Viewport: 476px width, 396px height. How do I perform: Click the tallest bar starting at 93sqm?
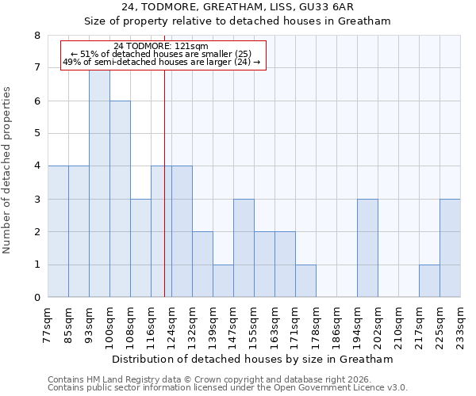coord(99,183)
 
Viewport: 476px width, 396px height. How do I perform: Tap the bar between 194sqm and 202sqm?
coord(367,248)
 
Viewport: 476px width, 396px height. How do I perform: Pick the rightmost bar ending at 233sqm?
coord(450,248)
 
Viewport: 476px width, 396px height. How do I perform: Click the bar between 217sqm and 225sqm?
coord(429,281)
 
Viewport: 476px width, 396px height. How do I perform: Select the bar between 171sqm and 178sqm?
coord(305,281)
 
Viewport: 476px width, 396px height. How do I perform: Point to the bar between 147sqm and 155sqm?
coord(244,248)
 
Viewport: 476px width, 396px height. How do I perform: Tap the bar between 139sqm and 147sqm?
coord(223,281)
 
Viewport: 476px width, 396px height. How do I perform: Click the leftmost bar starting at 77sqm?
coord(58,231)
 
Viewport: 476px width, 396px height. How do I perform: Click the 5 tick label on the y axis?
coord(36,134)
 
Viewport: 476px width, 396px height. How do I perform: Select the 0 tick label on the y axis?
coord(36,298)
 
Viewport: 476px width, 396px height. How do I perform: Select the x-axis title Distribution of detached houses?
coord(253,359)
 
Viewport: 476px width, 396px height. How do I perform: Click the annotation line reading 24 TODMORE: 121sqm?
coord(161,46)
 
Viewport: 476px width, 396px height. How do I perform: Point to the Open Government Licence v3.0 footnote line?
coord(228,388)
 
